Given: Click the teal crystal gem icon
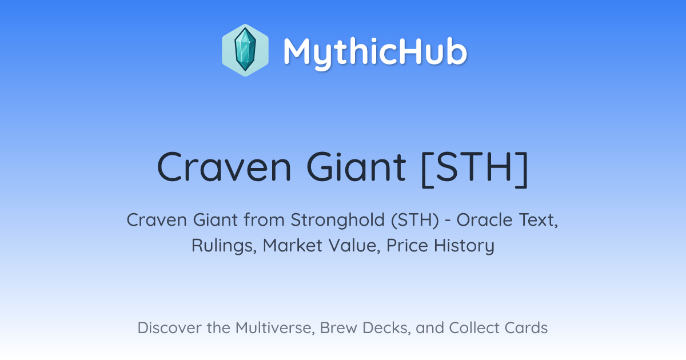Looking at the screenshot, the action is click(x=245, y=50).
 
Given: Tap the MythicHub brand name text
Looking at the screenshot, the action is click(x=376, y=52).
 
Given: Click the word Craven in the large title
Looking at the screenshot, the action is click(x=224, y=167).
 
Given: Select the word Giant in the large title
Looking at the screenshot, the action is click(x=357, y=167).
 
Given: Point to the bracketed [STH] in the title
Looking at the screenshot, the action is click(x=475, y=169).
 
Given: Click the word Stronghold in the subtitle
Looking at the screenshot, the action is click(x=337, y=220).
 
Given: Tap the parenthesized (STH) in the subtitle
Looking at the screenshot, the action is click(x=415, y=221).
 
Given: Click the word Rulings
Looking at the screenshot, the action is click(x=224, y=246).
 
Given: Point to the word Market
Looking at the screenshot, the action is click(x=293, y=246).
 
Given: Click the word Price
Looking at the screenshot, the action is click(x=407, y=246).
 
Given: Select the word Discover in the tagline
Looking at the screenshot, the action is click(x=169, y=328).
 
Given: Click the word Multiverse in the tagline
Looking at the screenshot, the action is click(x=275, y=328).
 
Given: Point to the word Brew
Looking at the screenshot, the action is click(x=338, y=328).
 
